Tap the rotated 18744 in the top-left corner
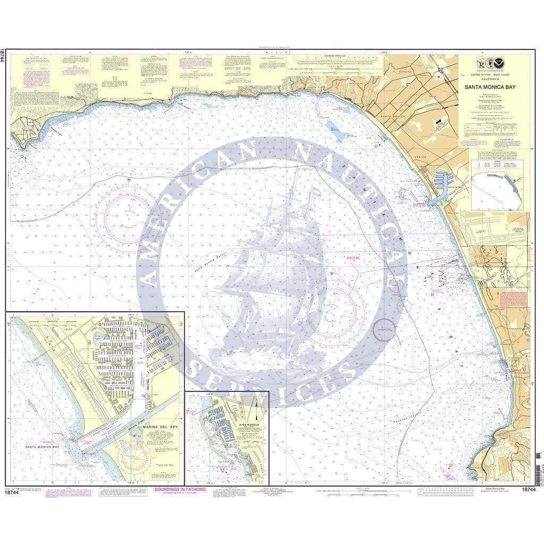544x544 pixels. (3, 56)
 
